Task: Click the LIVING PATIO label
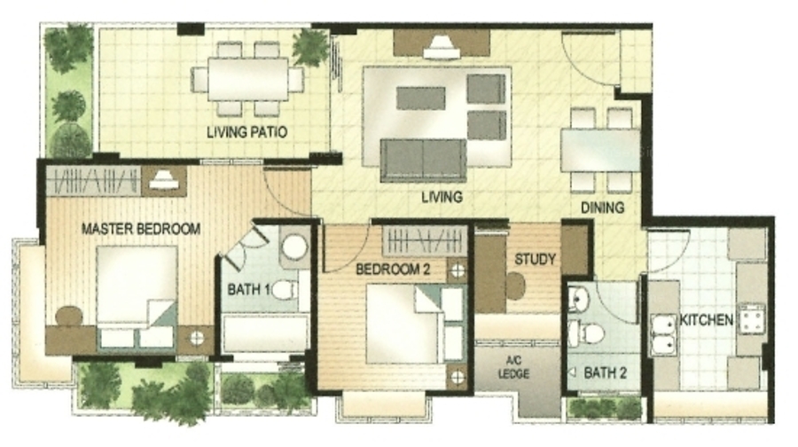coord(246,132)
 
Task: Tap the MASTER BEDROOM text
coord(141,229)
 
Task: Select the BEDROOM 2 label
coord(393,269)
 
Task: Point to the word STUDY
coord(535,259)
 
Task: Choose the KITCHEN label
coord(707,320)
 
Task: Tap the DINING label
coord(603,208)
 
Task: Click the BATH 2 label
coord(605,373)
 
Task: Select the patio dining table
coord(248,79)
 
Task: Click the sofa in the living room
coord(424,161)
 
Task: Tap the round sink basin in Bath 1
coord(294,247)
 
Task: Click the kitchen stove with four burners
coord(752,318)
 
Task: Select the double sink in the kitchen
coord(663,334)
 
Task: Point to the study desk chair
coord(515,286)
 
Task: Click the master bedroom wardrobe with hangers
coord(94,181)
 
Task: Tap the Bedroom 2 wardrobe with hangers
coord(425,241)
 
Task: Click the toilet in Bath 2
coord(587,333)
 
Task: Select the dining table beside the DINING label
coord(600,151)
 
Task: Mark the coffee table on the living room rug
coord(421,98)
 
